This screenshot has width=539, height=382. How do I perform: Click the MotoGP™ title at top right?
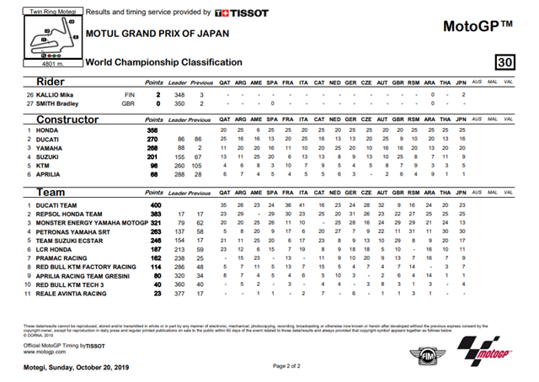click(478, 26)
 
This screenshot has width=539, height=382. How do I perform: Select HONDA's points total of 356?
click(153, 131)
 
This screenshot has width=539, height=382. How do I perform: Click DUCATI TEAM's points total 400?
click(153, 204)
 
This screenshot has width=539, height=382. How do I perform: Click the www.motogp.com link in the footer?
click(44, 353)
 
